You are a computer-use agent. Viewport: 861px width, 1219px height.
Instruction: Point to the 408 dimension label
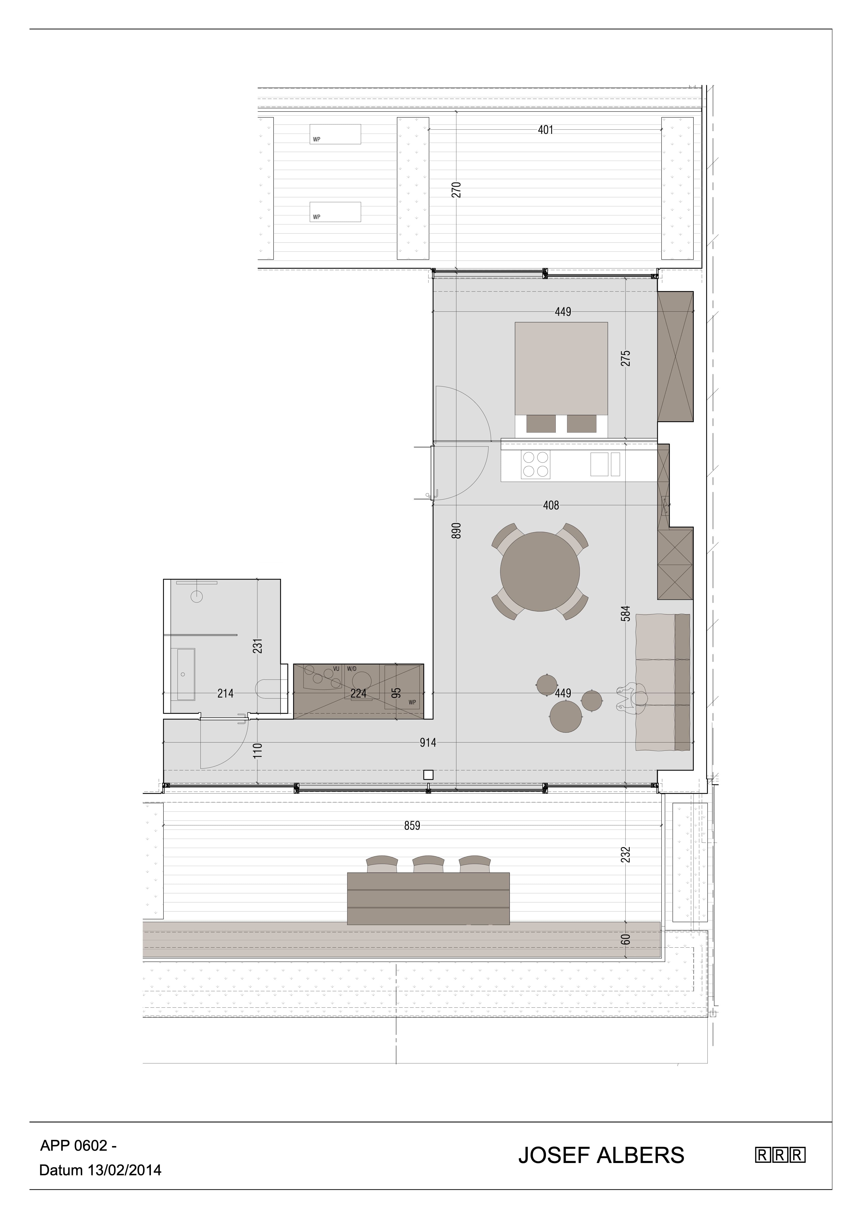click(x=551, y=505)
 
